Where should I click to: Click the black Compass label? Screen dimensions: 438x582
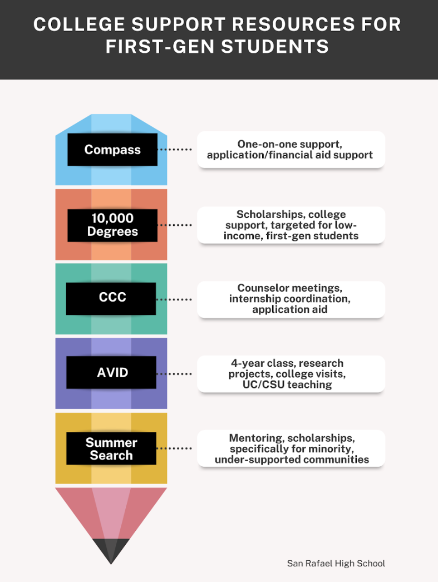point(112,150)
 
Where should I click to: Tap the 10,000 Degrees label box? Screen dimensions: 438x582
point(112,225)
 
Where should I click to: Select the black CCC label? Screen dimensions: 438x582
point(111,299)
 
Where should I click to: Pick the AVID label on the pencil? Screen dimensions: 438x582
point(111,372)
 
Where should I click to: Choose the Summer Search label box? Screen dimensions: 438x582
point(111,448)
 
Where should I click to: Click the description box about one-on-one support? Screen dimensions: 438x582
point(291,150)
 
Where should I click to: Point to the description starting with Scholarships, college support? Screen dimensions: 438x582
point(291,225)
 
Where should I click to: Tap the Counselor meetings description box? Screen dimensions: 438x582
point(291,299)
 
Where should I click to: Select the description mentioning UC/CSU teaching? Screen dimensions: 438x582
point(291,374)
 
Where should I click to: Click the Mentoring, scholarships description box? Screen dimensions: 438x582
point(291,448)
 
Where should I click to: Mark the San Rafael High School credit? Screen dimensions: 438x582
point(336,564)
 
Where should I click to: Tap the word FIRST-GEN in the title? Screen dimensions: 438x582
point(160,47)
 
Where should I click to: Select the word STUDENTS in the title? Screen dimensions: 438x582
point(275,47)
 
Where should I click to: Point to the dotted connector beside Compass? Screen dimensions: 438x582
point(174,150)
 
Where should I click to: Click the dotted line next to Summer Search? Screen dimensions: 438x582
point(174,448)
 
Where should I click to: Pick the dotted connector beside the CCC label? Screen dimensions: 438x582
point(174,299)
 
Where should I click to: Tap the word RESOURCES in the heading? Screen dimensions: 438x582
point(294,24)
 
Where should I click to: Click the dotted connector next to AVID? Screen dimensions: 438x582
point(174,374)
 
